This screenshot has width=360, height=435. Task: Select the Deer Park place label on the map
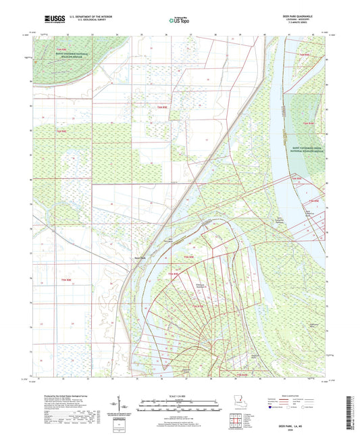139,257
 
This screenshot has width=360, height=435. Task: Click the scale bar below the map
180,403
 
